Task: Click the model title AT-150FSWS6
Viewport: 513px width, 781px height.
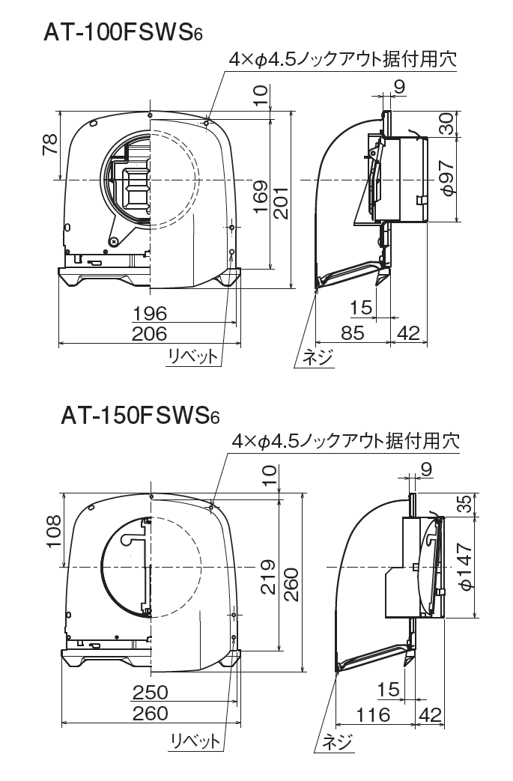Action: [x=139, y=416]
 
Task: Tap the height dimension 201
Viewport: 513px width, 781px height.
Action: [x=280, y=200]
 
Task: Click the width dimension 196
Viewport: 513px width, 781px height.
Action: [x=149, y=313]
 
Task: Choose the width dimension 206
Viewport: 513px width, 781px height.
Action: [x=149, y=333]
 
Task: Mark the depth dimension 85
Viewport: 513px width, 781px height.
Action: [x=352, y=332]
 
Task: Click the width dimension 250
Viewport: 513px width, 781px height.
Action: [x=150, y=691]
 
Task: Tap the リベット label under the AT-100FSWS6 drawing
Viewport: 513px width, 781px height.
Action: [x=193, y=357]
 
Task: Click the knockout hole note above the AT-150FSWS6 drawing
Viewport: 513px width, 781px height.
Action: [x=344, y=441]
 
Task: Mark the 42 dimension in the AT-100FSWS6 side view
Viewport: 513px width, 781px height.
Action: [x=408, y=332]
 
